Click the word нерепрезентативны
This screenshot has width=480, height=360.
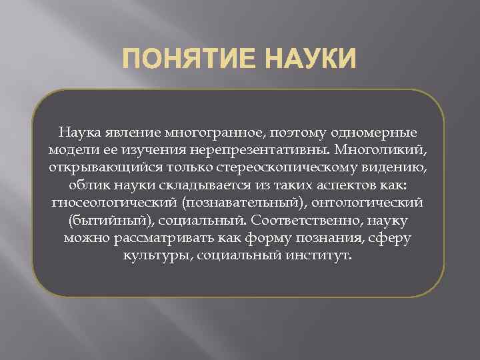pos(265,149)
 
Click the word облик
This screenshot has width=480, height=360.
pos(86,184)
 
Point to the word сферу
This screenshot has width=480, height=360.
pos(393,237)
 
